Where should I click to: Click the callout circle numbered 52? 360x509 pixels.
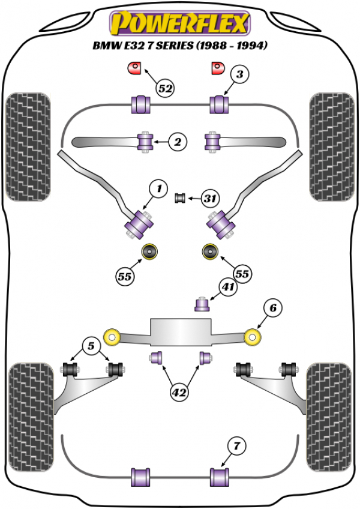[x=166, y=89]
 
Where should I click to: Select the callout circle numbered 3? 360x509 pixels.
[x=239, y=75]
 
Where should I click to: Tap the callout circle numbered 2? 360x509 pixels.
[x=178, y=142]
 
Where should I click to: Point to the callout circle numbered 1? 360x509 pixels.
[x=159, y=189]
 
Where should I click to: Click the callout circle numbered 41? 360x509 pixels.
[x=228, y=289]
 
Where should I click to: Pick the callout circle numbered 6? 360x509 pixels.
[x=272, y=309]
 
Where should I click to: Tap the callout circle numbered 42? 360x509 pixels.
[x=179, y=393]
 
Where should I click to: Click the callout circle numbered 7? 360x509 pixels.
[x=236, y=446]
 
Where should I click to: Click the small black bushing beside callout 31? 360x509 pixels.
[x=179, y=197]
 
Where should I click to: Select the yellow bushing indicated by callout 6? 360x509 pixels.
[x=254, y=337]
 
